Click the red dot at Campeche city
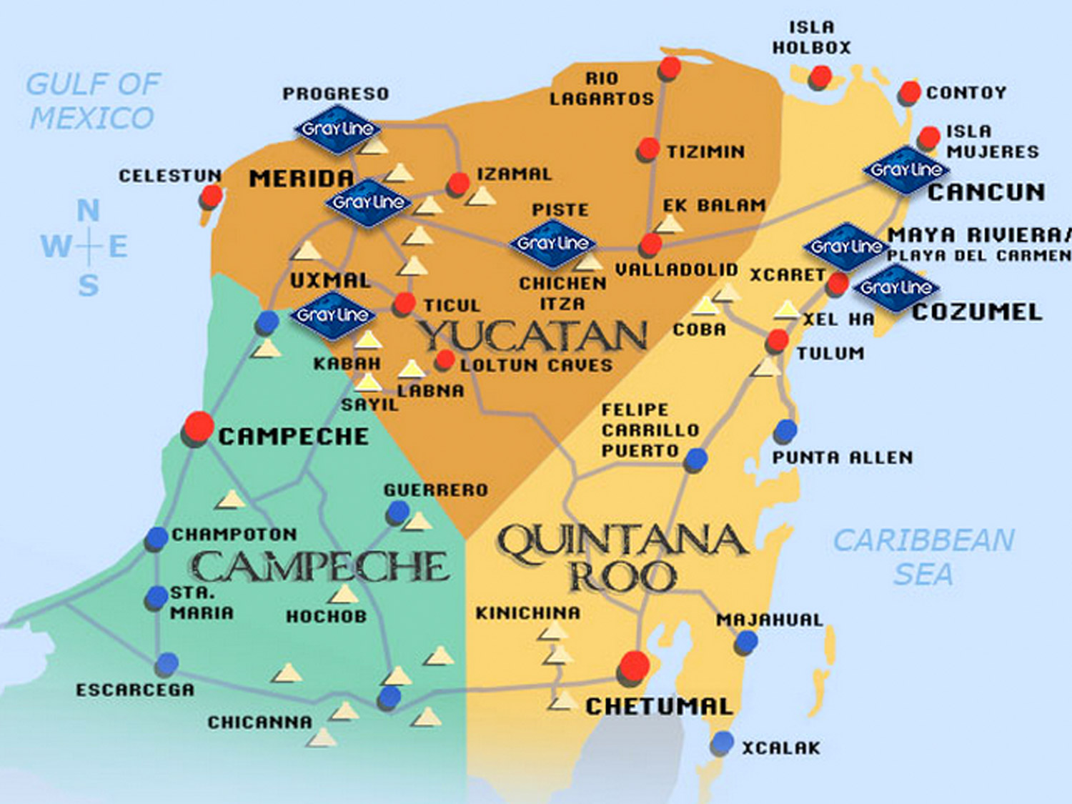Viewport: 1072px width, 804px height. [198, 427]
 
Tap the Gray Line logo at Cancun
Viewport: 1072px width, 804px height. [905, 170]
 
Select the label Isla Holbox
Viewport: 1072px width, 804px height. [811, 38]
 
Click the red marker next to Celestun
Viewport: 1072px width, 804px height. [212, 195]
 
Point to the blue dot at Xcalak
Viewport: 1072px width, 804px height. [723, 743]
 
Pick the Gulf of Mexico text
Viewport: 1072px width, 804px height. [93, 101]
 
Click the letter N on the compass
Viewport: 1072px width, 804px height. [88, 211]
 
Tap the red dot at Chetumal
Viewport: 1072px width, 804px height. [634, 665]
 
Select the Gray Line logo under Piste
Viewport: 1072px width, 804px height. [552, 244]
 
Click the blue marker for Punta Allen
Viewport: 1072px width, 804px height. [785, 431]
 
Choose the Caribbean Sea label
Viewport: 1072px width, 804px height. [923, 557]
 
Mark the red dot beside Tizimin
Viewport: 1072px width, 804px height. [648, 149]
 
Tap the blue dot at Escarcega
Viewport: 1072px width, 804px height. [167, 664]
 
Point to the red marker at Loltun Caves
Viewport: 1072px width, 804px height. [445, 359]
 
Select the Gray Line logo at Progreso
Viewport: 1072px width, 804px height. [337, 129]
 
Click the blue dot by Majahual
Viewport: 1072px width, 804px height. [746, 641]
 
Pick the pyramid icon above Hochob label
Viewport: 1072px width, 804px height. [344, 594]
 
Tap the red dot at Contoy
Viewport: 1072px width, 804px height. [910, 92]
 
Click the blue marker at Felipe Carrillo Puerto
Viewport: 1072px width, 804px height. [695, 460]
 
